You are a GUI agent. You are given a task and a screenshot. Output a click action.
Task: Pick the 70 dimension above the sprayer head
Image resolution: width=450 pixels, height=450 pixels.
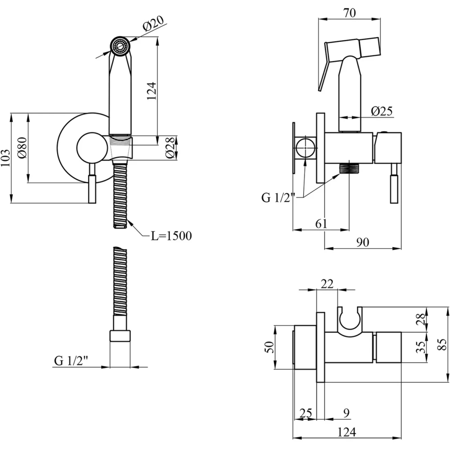pyautogui.click(x=349, y=12)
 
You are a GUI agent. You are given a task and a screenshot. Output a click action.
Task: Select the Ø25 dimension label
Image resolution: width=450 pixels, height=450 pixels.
pyautogui.click(x=381, y=112)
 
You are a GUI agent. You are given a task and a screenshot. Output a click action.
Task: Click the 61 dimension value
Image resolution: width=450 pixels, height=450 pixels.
pyautogui.click(x=321, y=224)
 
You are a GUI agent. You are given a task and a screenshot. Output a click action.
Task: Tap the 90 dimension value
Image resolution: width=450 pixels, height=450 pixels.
pyautogui.click(x=363, y=242)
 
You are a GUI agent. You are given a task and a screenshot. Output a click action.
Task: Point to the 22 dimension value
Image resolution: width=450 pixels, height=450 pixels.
pyautogui.click(x=327, y=284)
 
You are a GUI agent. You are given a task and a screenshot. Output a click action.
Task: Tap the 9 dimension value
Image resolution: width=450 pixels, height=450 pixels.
pyautogui.click(x=346, y=413)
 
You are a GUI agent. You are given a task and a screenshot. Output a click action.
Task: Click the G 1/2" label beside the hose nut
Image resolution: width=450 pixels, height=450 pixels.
pyautogui.click(x=72, y=361)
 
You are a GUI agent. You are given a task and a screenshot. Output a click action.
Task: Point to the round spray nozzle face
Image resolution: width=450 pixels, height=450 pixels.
pyautogui.click(x=120, y=46)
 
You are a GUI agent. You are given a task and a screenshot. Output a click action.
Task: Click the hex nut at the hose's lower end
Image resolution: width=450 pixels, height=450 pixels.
pyautogui.click(x=120, y=336)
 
